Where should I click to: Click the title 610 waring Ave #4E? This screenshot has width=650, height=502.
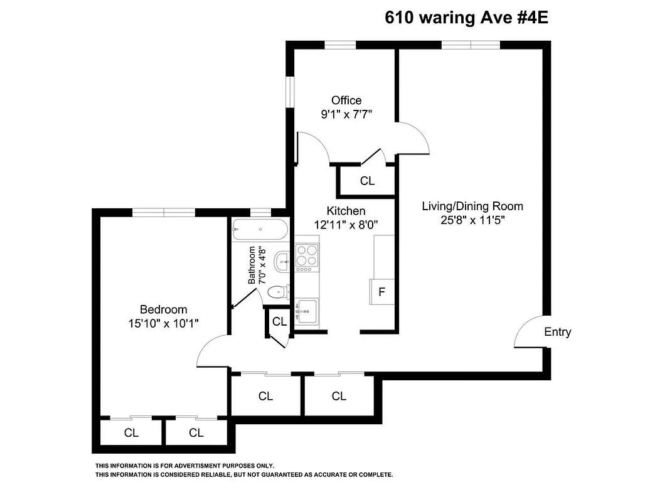point(466,18)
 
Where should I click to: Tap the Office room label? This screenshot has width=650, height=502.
point(346,100)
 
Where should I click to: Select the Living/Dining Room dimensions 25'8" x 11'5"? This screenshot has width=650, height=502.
point(472,220)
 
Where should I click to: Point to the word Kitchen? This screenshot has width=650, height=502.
point(346,211)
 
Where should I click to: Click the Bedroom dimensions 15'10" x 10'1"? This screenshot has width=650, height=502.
point(164,323)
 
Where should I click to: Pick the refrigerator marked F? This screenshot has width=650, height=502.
point(381,291)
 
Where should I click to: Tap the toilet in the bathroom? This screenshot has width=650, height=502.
point(278,292)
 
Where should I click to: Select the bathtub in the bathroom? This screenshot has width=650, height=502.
point(260,229)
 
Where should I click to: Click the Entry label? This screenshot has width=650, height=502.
point(557,332)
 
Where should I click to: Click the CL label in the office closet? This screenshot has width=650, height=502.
point(367,181)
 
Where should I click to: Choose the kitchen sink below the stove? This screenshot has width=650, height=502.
point(307,311)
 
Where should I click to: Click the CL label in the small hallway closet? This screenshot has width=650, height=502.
point(279,322)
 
